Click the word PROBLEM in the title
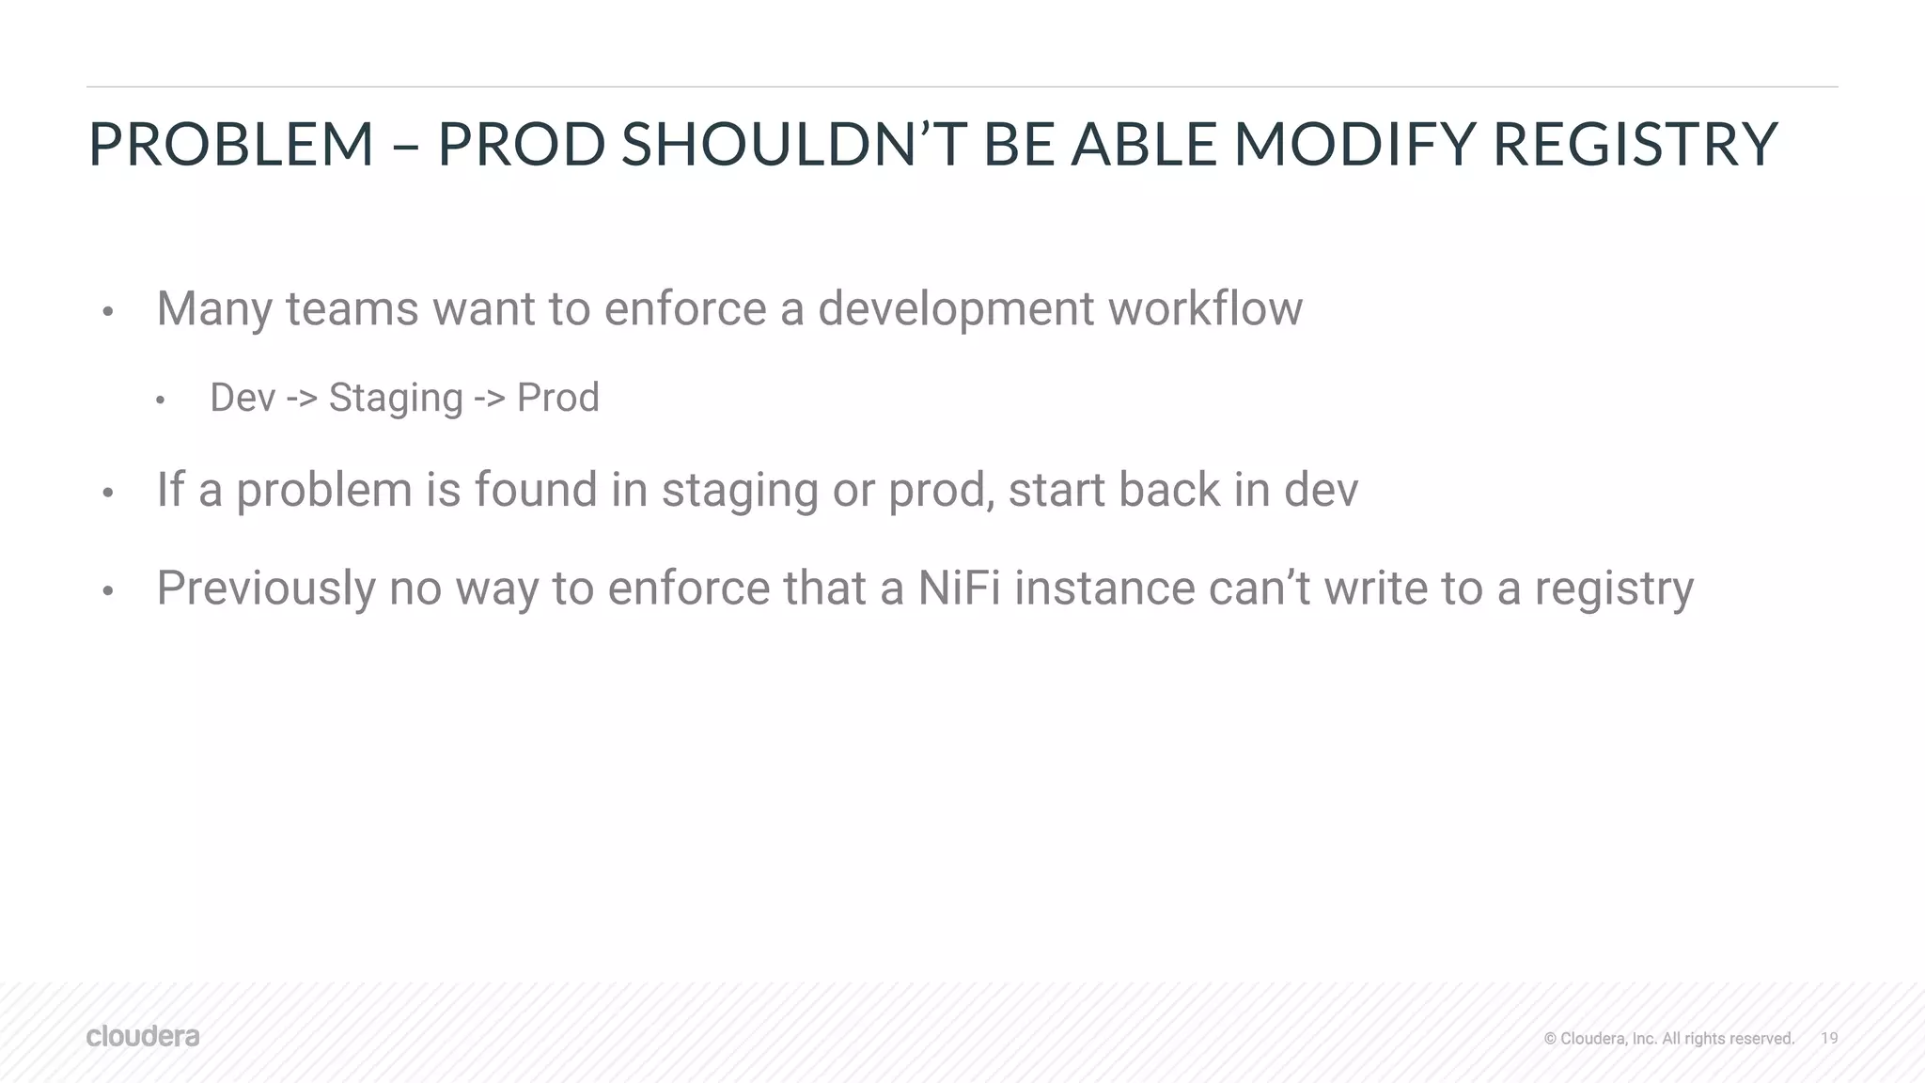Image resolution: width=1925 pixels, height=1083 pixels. (x=231, y=145)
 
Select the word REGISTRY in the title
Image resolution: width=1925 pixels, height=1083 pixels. (x=1635, y=145)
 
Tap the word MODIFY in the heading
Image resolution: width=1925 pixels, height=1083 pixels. (x=1353, y=145)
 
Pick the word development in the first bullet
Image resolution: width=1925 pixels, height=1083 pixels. (x=955, y=309)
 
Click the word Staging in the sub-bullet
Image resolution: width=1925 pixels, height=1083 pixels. (x=396, y=399)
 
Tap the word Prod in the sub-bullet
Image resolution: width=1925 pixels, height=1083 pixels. (x=557, y=398)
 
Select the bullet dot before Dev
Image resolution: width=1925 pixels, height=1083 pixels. (x=161, y=401)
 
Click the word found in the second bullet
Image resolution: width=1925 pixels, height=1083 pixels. (x=535, y=490)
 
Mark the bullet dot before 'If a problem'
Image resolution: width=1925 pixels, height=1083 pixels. (x=108, y=494)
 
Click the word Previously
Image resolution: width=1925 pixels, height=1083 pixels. (x=266, y=589)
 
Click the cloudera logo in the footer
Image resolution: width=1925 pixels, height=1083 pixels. (x=143, y=1036)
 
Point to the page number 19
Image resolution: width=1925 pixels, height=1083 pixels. (x=1829, y=1038)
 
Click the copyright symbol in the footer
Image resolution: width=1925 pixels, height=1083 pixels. (x=1550, y=1039)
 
